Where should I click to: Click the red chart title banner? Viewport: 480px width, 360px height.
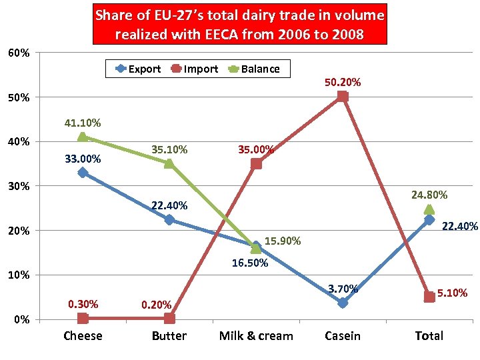click(239, 25)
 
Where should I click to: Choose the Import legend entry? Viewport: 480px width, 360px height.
click(195, 69)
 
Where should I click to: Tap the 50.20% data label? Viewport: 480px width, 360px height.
click(343, 83)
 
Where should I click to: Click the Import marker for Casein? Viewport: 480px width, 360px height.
click(343, 97)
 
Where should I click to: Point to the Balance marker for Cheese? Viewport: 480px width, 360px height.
click(83, 137)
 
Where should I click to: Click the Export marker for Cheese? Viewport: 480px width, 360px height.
click(83, 173)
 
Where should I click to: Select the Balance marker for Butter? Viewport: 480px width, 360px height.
click(169, 163)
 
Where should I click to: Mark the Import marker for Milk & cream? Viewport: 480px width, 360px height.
click(256, 163)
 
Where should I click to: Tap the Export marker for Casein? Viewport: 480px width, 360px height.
click(343, 303)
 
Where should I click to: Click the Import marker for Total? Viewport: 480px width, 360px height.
click(429, 297)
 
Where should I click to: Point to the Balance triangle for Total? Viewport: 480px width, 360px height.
click(429, 209)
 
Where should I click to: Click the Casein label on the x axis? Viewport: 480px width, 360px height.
click(343, 336)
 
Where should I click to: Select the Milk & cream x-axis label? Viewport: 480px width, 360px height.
click(256, 336)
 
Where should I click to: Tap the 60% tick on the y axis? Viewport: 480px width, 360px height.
click(19, 53)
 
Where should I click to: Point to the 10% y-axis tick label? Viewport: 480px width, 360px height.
click(19, 275)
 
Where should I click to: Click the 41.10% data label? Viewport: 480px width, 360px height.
click(83, 123)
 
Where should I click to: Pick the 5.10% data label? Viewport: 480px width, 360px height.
click(453, 293)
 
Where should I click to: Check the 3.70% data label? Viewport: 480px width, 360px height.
click(343, 289)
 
